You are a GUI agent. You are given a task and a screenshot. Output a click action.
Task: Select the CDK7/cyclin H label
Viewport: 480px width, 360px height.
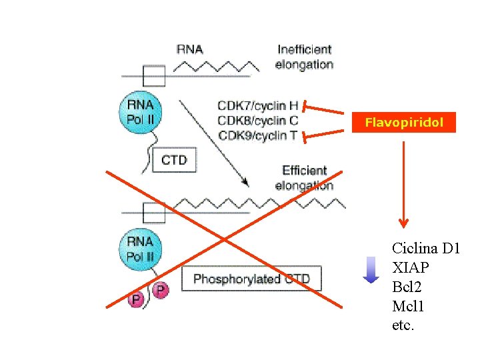click(x=257, y=105)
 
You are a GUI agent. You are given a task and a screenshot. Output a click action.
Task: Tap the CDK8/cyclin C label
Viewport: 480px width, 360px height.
click(x=257, y=121)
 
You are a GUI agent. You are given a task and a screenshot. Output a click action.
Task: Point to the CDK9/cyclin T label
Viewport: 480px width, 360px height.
click(x=257, y=135)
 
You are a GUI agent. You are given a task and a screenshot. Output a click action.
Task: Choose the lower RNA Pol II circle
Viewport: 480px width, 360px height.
click(x=140, y=248)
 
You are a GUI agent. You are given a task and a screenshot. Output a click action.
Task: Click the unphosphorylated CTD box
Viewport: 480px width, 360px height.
click(x=174, y=160)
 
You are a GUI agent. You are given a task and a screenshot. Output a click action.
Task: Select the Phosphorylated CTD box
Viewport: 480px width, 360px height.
click(x=251, y=279)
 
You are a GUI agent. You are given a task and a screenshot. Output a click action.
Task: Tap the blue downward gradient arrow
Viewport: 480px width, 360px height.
click(x=371, y=270)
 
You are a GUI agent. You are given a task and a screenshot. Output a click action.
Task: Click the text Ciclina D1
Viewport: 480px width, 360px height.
click(x=426, y=249)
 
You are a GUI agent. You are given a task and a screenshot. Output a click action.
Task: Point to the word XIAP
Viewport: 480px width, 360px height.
click(x=411, y=268)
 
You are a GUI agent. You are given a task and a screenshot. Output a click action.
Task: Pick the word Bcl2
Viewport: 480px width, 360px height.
click(x=407, y=288)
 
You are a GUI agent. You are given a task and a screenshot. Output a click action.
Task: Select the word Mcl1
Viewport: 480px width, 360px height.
click(x=408, y=307)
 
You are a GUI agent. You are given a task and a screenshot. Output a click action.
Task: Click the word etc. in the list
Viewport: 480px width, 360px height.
click(x=403, y=327)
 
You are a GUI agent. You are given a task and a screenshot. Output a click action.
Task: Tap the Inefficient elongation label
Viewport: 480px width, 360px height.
click(x=304, y=57)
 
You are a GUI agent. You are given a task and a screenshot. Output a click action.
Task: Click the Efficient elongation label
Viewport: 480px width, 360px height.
click(x=304, y=178)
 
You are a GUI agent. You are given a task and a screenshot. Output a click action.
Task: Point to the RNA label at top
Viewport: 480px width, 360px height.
click(x=189, y=49)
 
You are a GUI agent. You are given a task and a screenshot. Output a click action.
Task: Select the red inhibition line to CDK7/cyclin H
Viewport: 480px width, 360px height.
click(x=327, y=111)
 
